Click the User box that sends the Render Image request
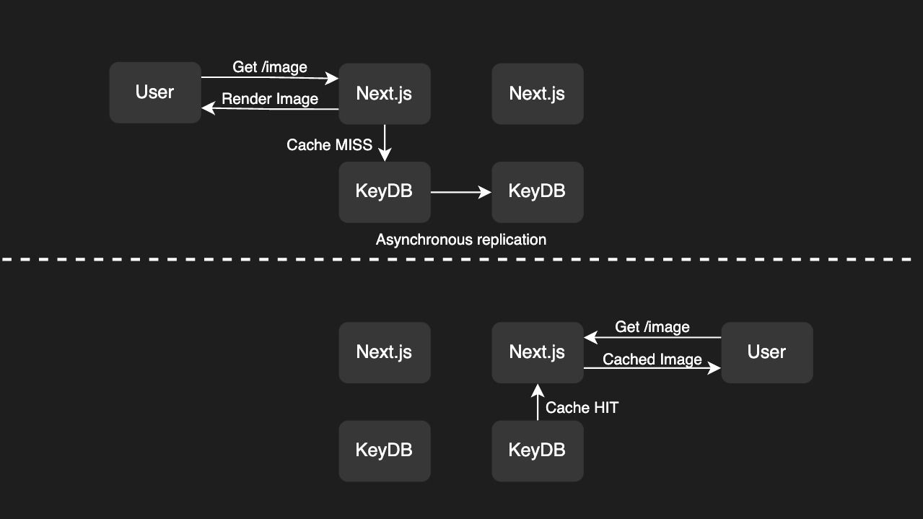tap(155, 92)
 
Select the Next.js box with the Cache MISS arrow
tap(385, 94)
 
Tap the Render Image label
tap(270, 99)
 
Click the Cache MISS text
tap(329, 145)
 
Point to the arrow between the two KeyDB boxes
tap(460, 192)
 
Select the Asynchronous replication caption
tap(460, 240)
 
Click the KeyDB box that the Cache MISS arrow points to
tap(385, 192)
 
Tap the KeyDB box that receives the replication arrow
tap(538, 192)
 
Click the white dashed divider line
tap(462, 259)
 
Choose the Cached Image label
tap(652, 359)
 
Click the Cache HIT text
tap(582, 408)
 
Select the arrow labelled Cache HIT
tap(538, 403)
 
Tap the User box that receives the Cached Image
tap(767, 352)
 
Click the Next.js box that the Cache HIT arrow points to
tap(538, 352)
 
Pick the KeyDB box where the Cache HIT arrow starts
tap(538, 450)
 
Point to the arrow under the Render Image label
tap(270, 109)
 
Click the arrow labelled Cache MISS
tap(385, 143)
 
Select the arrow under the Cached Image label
tap(652, 369)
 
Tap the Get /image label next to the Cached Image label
tap(652, 327)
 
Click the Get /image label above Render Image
tap(270, 67)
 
